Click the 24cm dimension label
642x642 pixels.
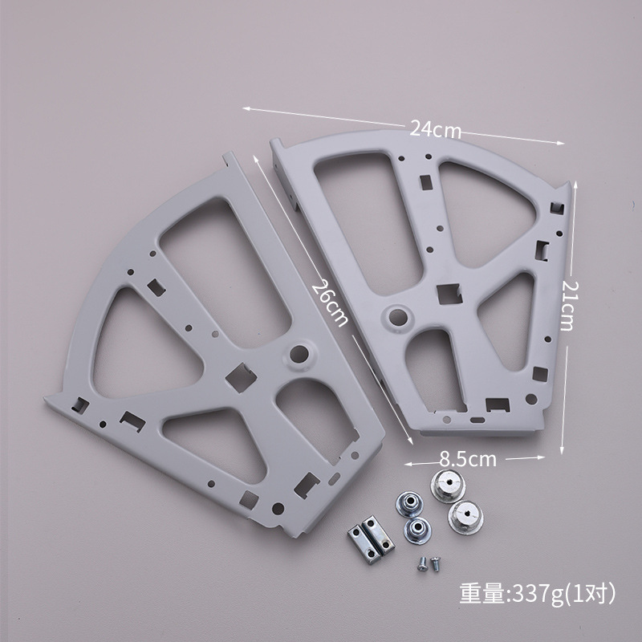pyautogui.click(x=435, y=130)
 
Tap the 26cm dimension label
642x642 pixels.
pyautogui.click(x=331, y=303)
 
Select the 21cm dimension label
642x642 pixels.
pyautogui.click(x=569, y=305)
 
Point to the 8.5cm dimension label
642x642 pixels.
pyautogui.click(x=468, y=459)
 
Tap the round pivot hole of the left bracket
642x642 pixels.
pyautogui.click(x=299, y=354)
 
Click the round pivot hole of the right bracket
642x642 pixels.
pyautogui.click(x=397, y=316)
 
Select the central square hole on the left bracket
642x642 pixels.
pyautogui.click(x=242, y=377)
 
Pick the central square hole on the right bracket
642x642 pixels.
pyautogui.click(x=449, y=295)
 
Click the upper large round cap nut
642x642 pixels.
pyautogui.click(x=449, y=486)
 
